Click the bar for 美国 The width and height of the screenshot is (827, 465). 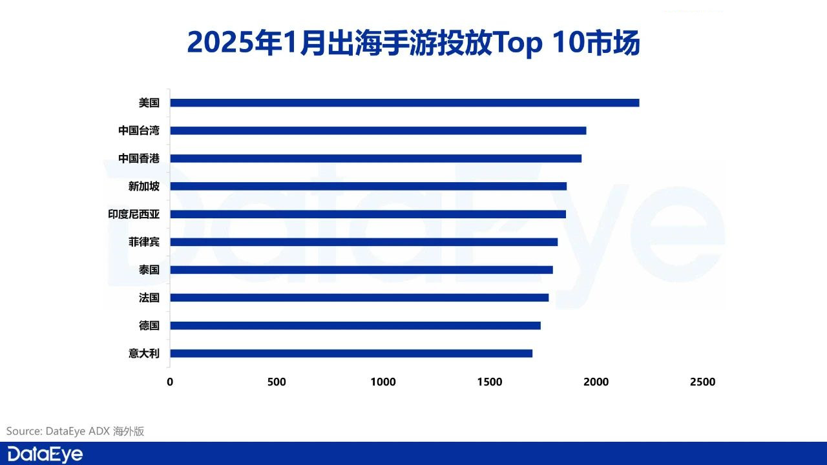(x=404, y=103)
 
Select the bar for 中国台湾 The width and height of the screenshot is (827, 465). (x=378, y=130)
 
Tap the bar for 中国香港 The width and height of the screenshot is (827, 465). (x=375, y=158)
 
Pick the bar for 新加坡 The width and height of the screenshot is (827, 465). (x=368, y=186)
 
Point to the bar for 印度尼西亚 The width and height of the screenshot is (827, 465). (x=368, y=214)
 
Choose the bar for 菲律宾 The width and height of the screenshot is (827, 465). (x=364, y=242)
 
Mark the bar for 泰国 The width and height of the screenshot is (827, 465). (x=361, y=270)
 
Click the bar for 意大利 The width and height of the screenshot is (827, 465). (x=351, y=353)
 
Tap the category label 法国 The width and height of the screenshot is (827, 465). (x=149, y=298)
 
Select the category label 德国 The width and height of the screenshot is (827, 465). (x=149, y=325)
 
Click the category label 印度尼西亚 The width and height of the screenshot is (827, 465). (x=134, y=214)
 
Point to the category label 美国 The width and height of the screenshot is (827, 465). (x=149, y=103)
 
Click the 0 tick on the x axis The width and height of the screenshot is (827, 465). (x=170, y=382)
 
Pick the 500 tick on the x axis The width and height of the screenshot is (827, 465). (x=277, y=382)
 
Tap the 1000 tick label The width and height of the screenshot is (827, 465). (x=383, y=382)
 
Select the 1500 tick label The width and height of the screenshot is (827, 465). (x=490, y=382)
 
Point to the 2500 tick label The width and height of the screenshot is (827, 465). (x=702, y=382)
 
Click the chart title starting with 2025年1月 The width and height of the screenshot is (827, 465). (x=413, y=43)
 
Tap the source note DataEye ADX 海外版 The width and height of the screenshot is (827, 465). (x=76, y=431)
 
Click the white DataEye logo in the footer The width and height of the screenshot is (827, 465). (x=45, y=454)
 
